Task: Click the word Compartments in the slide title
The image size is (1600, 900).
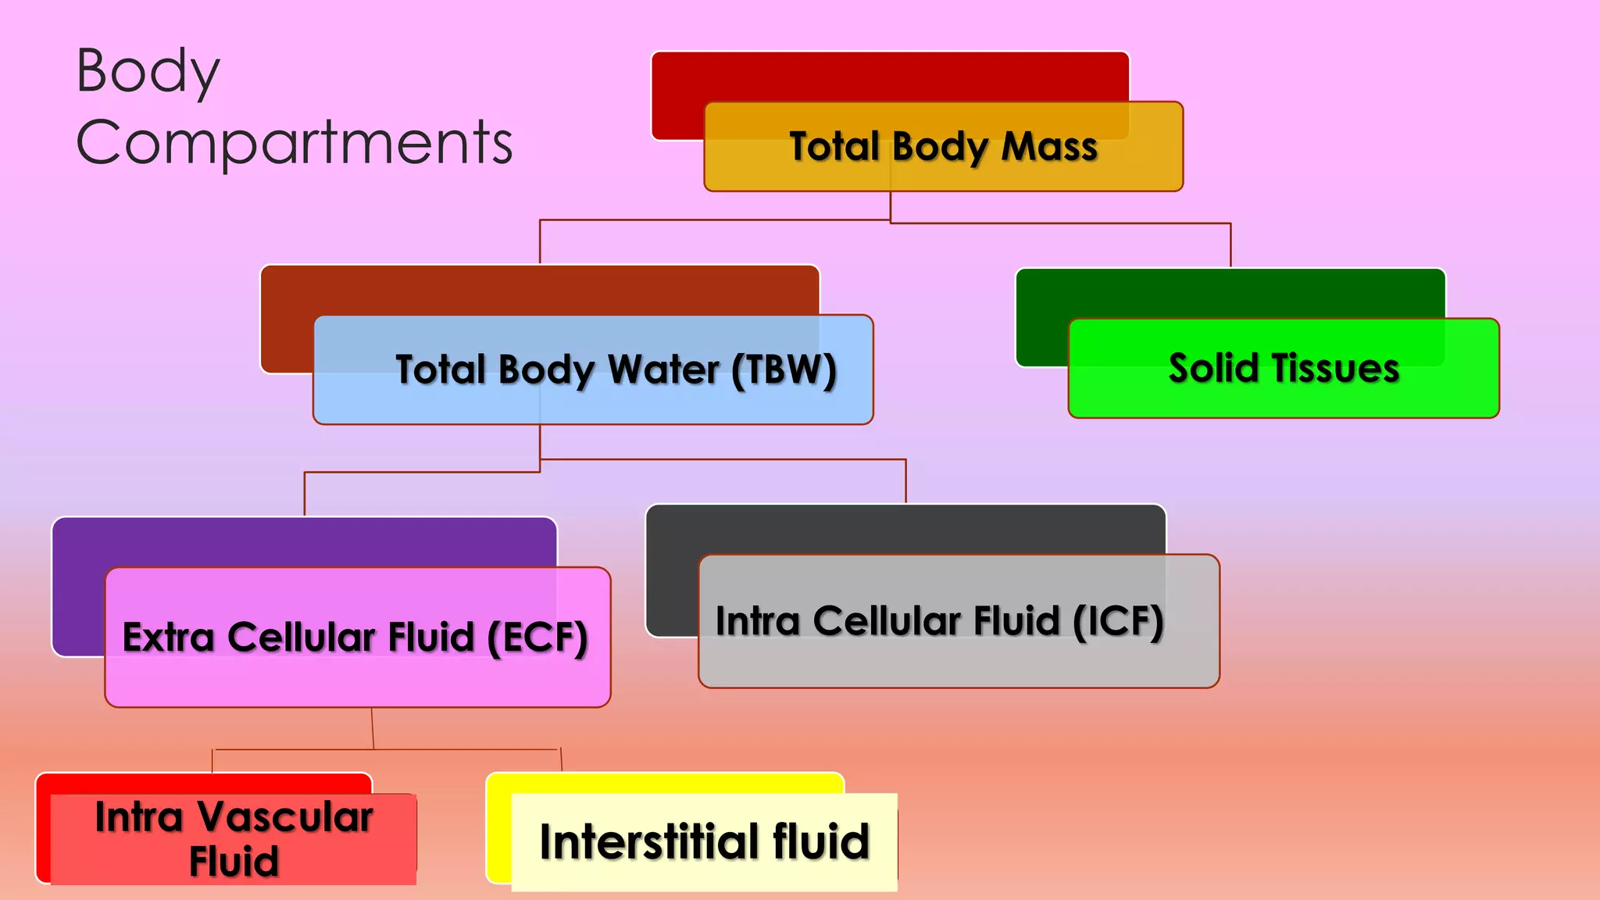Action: [294, 142]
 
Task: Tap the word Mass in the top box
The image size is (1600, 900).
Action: [1049, 147]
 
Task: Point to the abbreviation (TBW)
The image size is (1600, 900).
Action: [784, 370]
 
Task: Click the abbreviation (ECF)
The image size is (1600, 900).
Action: [537, 637]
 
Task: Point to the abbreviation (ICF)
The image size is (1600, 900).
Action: [1118, 622]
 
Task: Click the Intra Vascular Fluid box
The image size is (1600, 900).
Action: [233, 839]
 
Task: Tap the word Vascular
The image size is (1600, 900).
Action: [284, 817]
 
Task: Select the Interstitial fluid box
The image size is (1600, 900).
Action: [704, 842]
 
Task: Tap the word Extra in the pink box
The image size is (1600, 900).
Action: [168, 637]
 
